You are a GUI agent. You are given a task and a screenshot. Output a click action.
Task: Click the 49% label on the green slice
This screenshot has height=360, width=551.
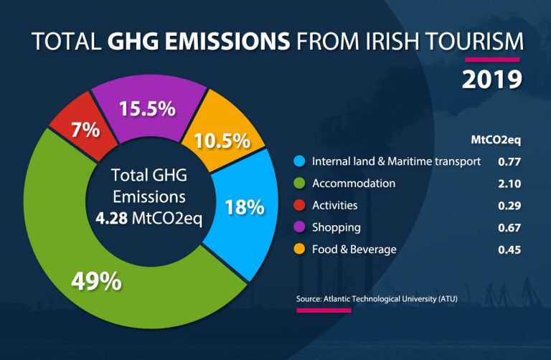(x=96, y=281)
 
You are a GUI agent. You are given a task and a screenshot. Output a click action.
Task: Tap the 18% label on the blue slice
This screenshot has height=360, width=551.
(x=245, y=207)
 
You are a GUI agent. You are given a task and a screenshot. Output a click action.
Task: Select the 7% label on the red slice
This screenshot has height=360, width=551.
(x=86, y=130)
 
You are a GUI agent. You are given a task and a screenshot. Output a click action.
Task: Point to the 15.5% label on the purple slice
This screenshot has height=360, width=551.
(x=147, y=108)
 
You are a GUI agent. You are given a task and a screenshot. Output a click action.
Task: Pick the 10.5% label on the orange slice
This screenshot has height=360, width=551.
(x=222, y=141)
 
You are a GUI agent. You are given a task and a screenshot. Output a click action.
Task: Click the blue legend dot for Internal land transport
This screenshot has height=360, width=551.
(x=299, y=161)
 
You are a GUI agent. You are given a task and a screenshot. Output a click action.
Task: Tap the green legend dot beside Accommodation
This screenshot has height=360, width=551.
(x=299, y=183)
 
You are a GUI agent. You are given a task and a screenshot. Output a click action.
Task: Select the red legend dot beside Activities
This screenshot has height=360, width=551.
(x=299, y=205)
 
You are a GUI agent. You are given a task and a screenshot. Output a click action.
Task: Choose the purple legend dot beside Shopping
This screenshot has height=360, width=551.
(x=299, y=227)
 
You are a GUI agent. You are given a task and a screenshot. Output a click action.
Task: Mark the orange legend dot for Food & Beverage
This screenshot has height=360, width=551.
(x=299, y=249)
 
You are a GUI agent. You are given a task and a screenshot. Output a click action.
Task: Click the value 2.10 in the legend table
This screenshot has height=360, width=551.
(x=509, y=184)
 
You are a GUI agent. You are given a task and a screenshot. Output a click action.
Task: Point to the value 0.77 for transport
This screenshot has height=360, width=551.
(x=509, y=162)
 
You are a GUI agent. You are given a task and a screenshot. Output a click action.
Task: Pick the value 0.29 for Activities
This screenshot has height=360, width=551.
(x=509, y=206)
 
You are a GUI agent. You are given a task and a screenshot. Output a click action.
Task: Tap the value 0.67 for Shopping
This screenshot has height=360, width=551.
(x=509, y=227)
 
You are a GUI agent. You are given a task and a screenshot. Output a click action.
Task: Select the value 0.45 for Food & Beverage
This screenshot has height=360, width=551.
(x=509, y=250)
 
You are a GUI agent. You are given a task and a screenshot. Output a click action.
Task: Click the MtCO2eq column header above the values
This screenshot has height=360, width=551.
(x=496, y=140)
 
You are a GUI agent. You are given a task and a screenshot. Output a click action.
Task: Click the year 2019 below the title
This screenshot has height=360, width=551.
(x=492, y=80)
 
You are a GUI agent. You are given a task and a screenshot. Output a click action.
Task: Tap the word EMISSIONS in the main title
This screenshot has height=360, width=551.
(x=227, y=41)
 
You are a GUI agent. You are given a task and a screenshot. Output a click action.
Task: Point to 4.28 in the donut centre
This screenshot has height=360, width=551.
(x=112, y=218)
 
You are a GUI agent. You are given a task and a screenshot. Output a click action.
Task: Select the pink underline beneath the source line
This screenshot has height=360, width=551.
(x=324, y=311)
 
